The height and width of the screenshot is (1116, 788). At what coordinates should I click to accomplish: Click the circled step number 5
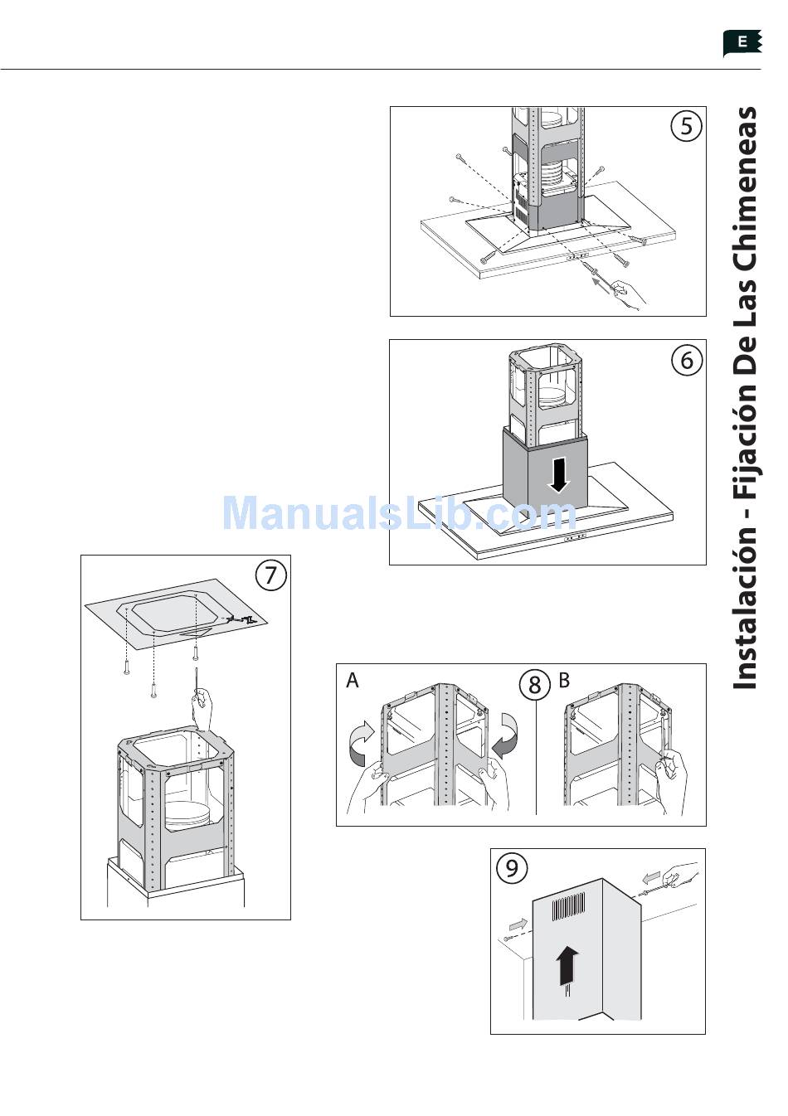pyautogui.click(x=686, y=125)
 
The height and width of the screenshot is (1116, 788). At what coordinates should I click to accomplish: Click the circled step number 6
pyautogui.click(x=686, y=359)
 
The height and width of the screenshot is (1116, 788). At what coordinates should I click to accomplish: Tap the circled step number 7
pyautogui.click(x=270, y=575)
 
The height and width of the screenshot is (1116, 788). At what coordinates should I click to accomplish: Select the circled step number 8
pyautogui.click(x=535, y=684)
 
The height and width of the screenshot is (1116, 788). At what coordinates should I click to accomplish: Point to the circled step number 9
pyautogui.click(x=512, y=868)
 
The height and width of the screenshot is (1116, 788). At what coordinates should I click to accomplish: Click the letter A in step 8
pyautogui.click(x=353, y=680)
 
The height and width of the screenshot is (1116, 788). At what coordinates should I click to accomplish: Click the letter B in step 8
pyautogui.click(x=564, y=680)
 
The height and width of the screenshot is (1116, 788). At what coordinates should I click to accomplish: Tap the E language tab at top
pyautogui.click(x=742, y=43)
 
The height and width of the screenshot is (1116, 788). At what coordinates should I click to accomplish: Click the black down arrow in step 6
pyautogui.click(x=559, y=475)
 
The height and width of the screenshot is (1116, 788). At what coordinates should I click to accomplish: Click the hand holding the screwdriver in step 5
pyautogui.click(x=630, y=295)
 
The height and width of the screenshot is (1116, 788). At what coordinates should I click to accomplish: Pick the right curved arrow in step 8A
pyautogui.click(x=505, y=737)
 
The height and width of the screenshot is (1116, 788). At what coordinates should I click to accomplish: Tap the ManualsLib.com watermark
pyautogui.click(x=399, y=513)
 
